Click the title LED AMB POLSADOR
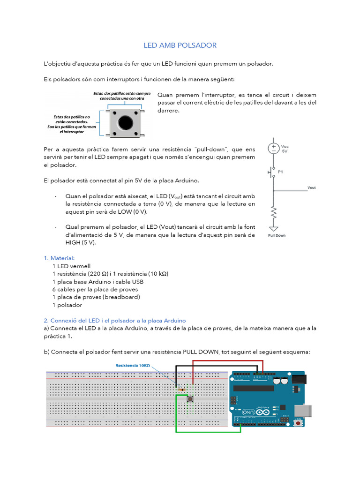[180, 45]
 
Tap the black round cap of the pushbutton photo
[125, 123]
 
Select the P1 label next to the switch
[281, 172]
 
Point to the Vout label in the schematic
[311, 187]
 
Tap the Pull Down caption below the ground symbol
[277, 235]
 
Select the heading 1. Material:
[59, 258]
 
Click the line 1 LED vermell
[71, 266]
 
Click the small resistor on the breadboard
[181, 389]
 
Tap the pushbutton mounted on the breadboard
[191, 399]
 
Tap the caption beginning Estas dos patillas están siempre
[122, 96]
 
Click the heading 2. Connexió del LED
[114, 321]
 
